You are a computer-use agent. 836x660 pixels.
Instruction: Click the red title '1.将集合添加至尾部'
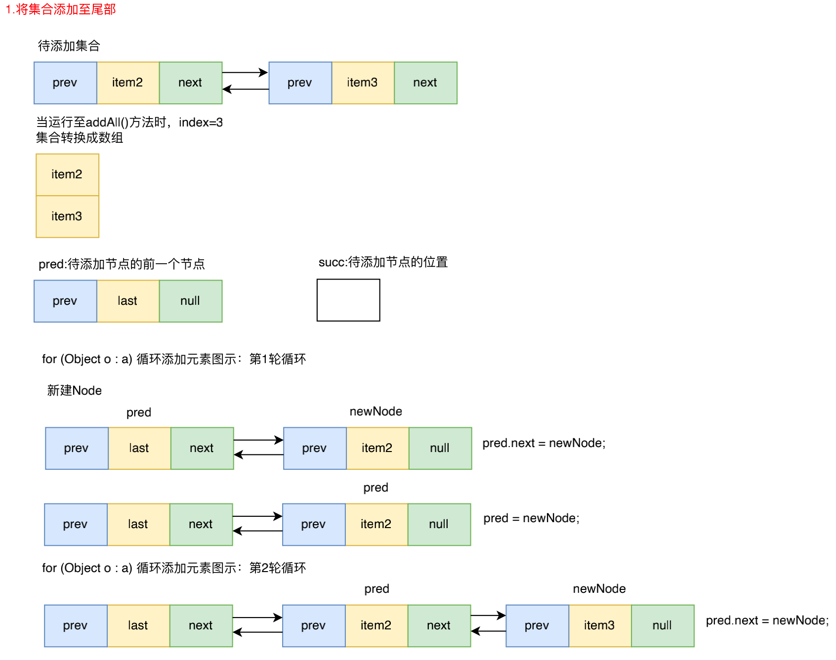point(60,9)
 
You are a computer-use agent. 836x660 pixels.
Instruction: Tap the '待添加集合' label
point(69,46)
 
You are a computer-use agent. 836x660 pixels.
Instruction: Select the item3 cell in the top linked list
point(363,83)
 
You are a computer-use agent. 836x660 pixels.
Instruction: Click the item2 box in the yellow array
point(67,175)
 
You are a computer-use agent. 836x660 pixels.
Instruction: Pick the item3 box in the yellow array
point(67,216)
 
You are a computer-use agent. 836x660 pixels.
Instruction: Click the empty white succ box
point(348,300)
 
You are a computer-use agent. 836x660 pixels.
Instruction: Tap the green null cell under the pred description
point(190,301)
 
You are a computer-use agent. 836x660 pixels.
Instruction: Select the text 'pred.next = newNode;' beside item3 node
point(767,620)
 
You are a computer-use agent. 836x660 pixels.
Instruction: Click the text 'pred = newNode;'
point(531,518)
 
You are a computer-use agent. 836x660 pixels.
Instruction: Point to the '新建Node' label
point(74,391)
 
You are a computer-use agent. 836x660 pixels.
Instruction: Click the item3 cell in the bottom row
point(600,626)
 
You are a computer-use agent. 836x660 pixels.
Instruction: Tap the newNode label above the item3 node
point(599,589)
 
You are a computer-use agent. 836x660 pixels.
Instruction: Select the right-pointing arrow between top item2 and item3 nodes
point(245,73)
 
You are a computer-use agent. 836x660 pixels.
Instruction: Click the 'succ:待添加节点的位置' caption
point(383,262)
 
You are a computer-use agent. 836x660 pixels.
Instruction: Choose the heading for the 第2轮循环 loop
point(174,568)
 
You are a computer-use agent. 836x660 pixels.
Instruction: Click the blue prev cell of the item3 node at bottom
point(537,626)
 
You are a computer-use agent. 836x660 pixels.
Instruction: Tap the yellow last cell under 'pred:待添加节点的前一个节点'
point(128,301)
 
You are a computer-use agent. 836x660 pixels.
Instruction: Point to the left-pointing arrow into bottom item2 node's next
point(488,631)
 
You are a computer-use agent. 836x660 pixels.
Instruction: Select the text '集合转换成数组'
point(80,138)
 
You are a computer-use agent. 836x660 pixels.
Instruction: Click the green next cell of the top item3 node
point(425,83)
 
